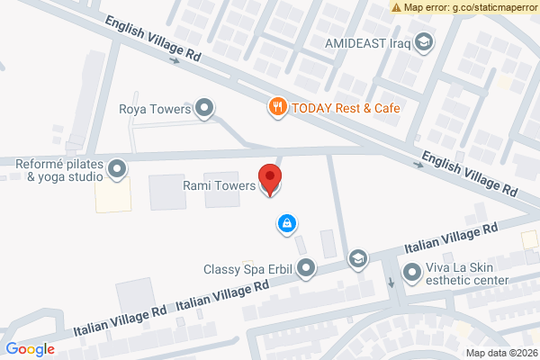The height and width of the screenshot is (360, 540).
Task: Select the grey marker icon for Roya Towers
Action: tap(205, 110)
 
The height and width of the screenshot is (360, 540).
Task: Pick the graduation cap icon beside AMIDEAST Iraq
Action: tap(423, 42)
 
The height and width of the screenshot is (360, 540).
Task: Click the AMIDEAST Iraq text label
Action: tap(368, 42)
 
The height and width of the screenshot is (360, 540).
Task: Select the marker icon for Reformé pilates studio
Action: tap(117, 168)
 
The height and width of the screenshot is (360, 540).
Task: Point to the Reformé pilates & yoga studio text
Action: tap(57, 171)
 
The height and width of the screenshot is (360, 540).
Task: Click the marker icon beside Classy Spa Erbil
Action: tap(307, 267)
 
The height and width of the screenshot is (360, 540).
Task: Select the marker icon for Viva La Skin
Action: tap(412, 270)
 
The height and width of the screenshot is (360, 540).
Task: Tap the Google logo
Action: tap(30, 349)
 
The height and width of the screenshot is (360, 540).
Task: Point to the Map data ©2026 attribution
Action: tap(500, 352)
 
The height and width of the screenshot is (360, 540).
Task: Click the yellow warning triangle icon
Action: tap(397, 7)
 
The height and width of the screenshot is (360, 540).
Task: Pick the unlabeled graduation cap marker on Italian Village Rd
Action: tap(358, 259)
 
